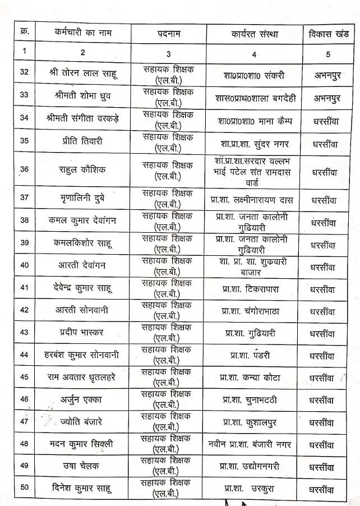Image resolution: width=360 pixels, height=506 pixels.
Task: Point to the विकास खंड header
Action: point(328,33)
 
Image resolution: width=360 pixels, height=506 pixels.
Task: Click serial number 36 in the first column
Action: point(24,169)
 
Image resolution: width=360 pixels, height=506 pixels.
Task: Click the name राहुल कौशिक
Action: point(82,169)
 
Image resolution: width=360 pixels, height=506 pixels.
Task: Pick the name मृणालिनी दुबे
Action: point(82,199)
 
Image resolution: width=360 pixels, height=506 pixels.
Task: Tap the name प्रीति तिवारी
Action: point(82,141)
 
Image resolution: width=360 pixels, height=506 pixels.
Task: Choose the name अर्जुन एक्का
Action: point(82,399)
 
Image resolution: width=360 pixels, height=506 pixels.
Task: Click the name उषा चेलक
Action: point(82,466)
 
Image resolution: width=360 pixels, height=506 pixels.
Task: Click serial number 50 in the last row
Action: point(24,487)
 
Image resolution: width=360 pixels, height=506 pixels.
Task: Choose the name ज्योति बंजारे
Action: point(82,422)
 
